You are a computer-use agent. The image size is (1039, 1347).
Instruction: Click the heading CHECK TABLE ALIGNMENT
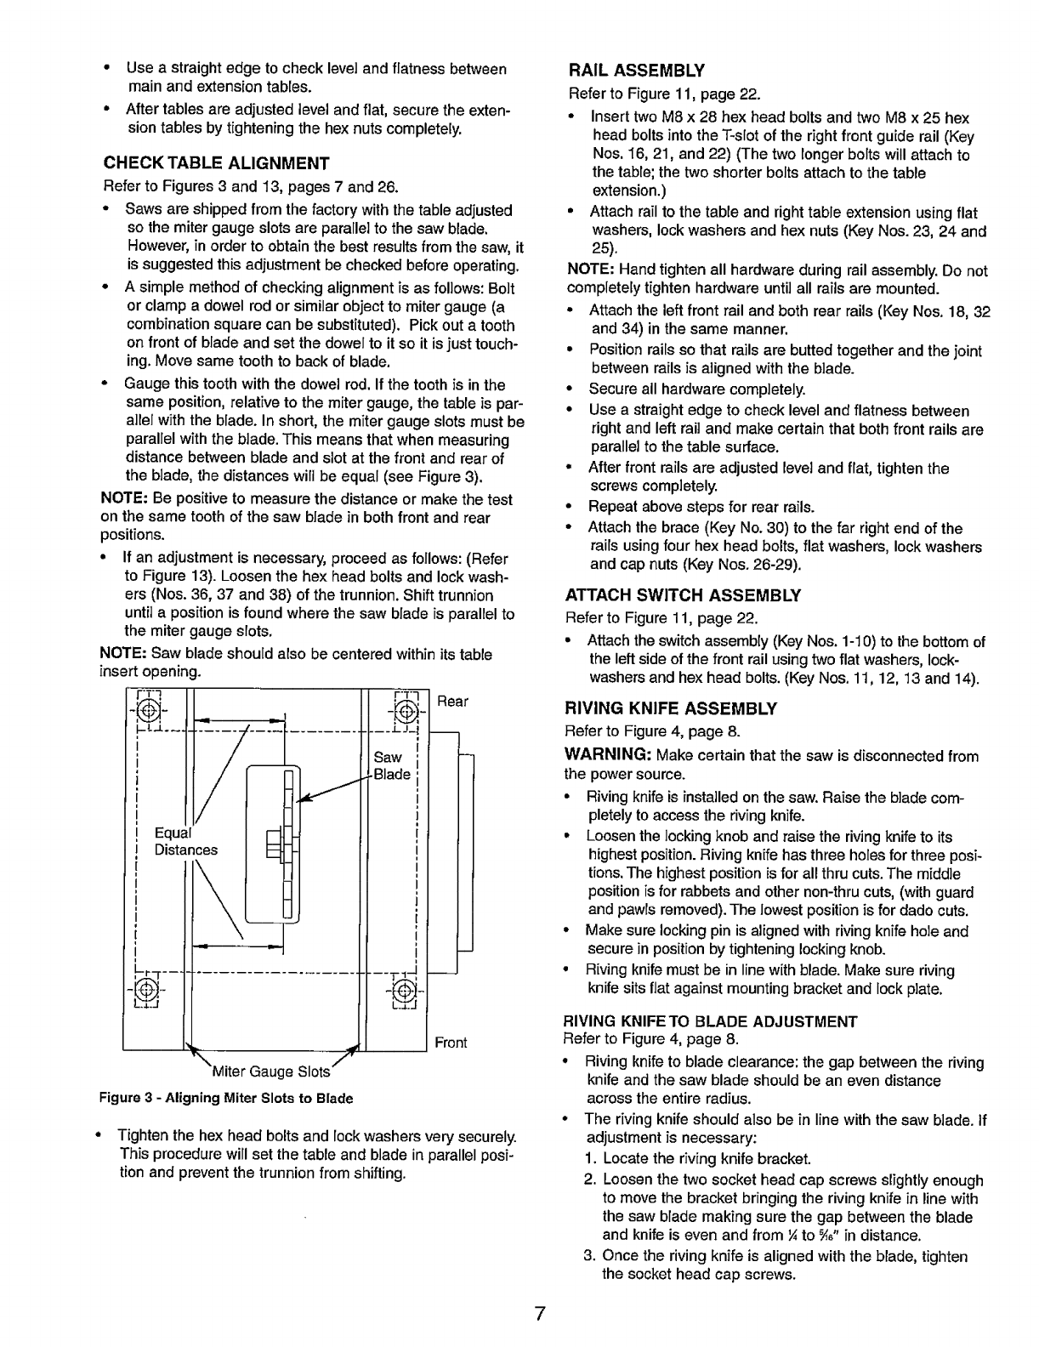coord(215,163)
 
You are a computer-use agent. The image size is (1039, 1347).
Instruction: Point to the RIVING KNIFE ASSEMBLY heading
coord(672,708)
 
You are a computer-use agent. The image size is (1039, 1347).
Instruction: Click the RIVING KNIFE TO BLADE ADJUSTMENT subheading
coord(711,1020)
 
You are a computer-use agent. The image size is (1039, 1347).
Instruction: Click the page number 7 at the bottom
coord(539,1313)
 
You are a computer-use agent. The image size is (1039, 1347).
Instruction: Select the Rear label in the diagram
coord(453,702)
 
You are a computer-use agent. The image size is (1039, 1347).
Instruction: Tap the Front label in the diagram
coord(451,1043)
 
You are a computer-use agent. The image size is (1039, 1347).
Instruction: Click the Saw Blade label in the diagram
coord(392,765)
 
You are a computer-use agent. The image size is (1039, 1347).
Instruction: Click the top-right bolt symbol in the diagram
coord(406,709)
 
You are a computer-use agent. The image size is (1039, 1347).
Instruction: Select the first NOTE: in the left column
coord(126,499)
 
